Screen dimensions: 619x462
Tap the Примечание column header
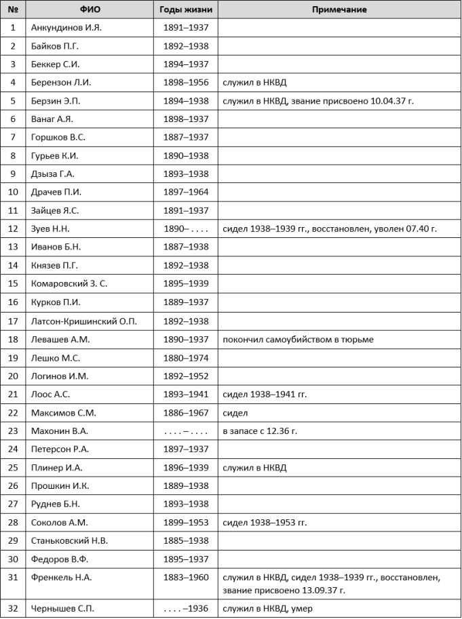click(x=339, y=9)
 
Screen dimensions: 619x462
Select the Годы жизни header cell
click(x=186, y=9)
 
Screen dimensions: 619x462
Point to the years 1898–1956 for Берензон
click(x=186, y=83)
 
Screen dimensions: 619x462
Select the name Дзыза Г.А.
click(x=53, y=174)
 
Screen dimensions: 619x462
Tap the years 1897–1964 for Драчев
click(x=186, y=193)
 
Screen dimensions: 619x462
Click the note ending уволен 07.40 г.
click(x=330, y=229)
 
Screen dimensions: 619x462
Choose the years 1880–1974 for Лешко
click(x=186, y=357)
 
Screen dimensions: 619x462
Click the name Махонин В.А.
click(x=60, y=431)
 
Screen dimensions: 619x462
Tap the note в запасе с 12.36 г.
click(x=260, y=431)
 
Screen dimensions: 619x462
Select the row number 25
click(x=13, y=467)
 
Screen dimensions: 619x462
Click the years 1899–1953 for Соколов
click(x=186, y=522)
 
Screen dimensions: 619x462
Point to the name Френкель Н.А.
click(x=62, y=577)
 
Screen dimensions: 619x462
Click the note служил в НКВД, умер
click(x=267, y=608)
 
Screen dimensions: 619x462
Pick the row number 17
click(x=13, y=321)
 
